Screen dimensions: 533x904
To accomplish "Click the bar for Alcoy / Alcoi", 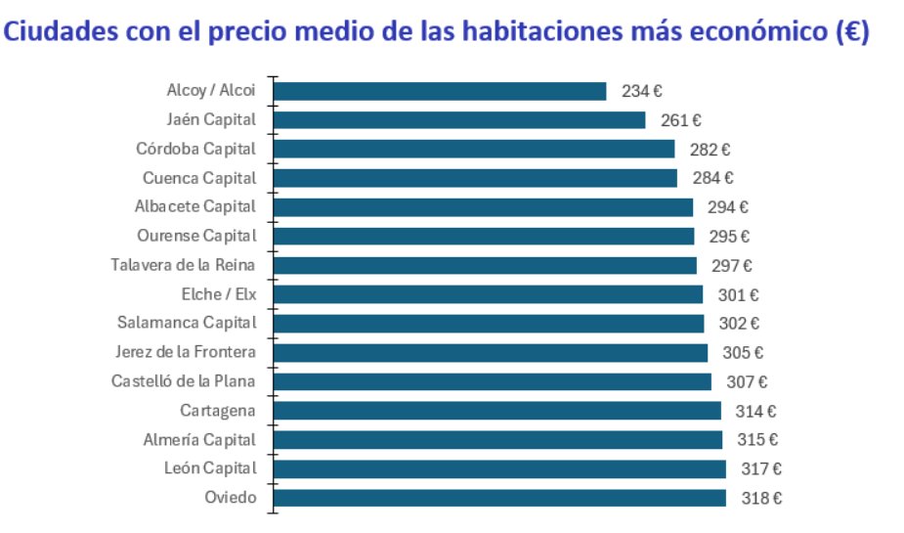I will point(440,91).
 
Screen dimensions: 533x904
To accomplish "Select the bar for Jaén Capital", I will point(459,120).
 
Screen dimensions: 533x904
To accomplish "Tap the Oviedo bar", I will point(499,498).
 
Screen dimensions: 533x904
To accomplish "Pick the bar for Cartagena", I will point(496,411).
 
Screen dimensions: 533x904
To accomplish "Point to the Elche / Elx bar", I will point(488,294).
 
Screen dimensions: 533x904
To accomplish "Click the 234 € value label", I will point(642,92).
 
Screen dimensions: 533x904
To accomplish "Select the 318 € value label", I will point(761,499).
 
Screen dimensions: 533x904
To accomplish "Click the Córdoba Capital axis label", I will point(195,150).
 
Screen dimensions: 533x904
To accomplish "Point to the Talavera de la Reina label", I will point(184,265).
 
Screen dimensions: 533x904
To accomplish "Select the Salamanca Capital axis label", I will point(187,323).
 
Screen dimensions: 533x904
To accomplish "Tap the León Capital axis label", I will point(210,468).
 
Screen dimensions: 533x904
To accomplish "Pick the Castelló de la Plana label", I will point(184,381).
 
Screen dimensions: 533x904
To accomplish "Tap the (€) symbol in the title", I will point(852,31).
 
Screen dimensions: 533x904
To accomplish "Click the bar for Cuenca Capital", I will point(475,178).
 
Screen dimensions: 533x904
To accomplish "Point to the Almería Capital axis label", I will point(199,439).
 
